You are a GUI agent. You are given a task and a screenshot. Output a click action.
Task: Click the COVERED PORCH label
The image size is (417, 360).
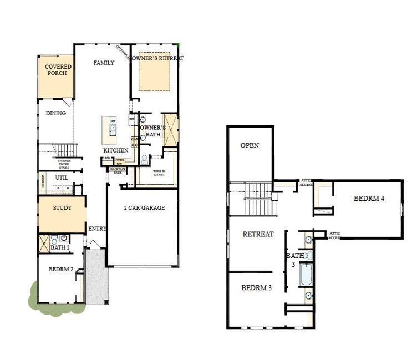pyautogui.click(x=58, y=70)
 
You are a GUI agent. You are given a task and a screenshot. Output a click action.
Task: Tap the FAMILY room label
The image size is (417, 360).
pyautogui.click(x=103, y=63)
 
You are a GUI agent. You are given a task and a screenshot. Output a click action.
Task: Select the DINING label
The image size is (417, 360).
pyautogui.click(x=55, y=113)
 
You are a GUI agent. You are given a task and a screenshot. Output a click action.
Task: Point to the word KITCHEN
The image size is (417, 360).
pyautogui.click(x=116, y=150)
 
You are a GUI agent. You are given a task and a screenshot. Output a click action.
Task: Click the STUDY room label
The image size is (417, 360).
pyautogui.click(x=62, y=208)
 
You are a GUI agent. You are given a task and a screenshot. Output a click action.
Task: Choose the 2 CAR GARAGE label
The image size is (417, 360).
pyautogui.click(x=144, y=208)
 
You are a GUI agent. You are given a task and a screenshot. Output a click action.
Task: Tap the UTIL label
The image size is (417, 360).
pyautogui.click(x=61, y=178)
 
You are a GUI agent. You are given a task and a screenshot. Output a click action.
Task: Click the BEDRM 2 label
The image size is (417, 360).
pyautogui.click(x=61, y=270)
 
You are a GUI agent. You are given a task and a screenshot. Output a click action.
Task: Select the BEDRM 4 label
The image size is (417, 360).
pyautogui.click(x=370, y=199)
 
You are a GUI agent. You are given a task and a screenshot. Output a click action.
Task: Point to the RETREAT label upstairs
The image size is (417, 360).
pyautogui.click(x=258, y=234)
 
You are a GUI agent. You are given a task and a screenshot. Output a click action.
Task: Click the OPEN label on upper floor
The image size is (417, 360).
pyautogui.click(x=250, y=145)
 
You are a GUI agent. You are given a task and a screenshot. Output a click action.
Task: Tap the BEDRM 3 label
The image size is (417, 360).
pyautogui.click(x=257, y=288)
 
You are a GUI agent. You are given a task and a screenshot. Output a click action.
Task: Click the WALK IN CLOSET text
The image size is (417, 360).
pyautogui.click(x=159, y=173)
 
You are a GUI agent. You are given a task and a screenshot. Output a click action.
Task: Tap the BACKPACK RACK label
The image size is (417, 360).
pyautogui.click(x=117, y=170)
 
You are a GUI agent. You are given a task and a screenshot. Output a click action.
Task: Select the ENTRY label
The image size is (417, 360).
pyautogui.click(x=97, y=229)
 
